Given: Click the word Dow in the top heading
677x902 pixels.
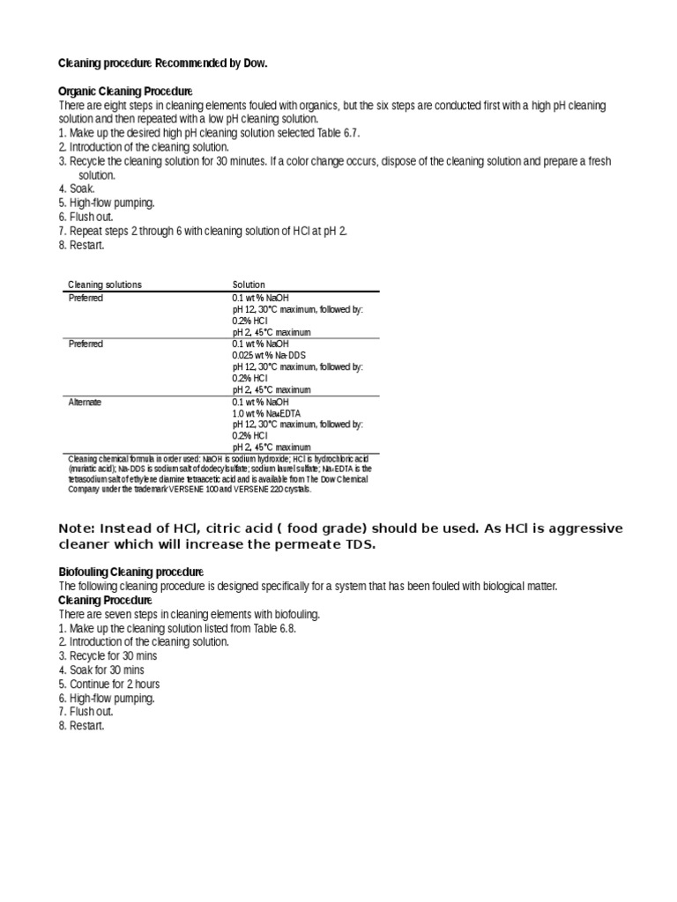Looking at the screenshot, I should click(x=254, y=63).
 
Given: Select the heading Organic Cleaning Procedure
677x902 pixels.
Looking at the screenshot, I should click(x=125, y=92).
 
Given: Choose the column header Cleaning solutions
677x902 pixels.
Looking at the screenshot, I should click(x=105, y=285).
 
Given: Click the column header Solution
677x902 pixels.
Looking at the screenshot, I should click(x=249, y=285).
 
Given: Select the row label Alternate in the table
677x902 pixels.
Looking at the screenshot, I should click(x=86, y=402).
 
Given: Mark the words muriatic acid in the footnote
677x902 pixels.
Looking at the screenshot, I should click(x=92, y=469).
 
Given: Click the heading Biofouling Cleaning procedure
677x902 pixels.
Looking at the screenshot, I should click(x=131, y=572).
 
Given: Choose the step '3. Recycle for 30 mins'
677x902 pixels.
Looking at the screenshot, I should click(x=108, y=656).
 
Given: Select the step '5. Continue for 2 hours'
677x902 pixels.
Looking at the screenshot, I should click(x=109, y=684).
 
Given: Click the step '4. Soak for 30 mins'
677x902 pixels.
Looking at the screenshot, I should click(x=101, y=669).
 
